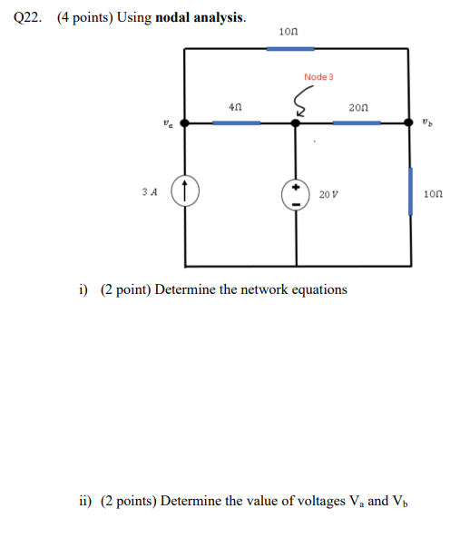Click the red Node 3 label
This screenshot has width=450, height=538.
318,77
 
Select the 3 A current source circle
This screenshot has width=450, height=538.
185,191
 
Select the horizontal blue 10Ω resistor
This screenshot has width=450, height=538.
289,47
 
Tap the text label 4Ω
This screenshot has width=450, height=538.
235,107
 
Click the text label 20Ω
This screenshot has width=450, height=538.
357,107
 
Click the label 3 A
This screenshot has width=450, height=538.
150,192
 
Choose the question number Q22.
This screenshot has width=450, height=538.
26,17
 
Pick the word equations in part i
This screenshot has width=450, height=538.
317,289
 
